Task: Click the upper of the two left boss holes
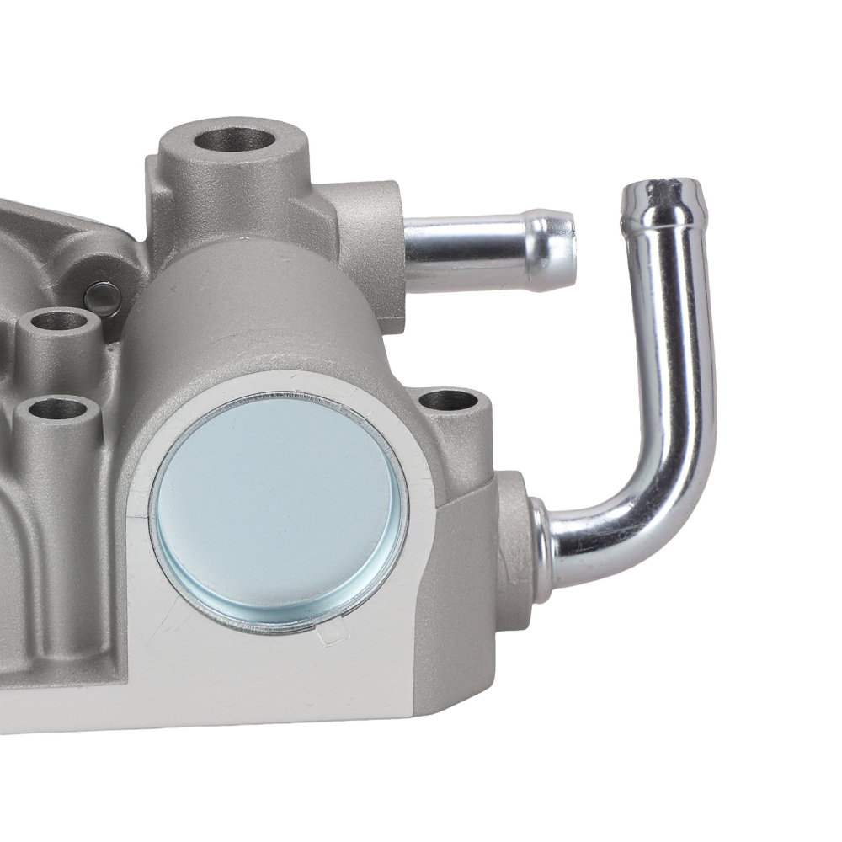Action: pos(59,322)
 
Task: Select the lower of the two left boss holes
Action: pos(57,410)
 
